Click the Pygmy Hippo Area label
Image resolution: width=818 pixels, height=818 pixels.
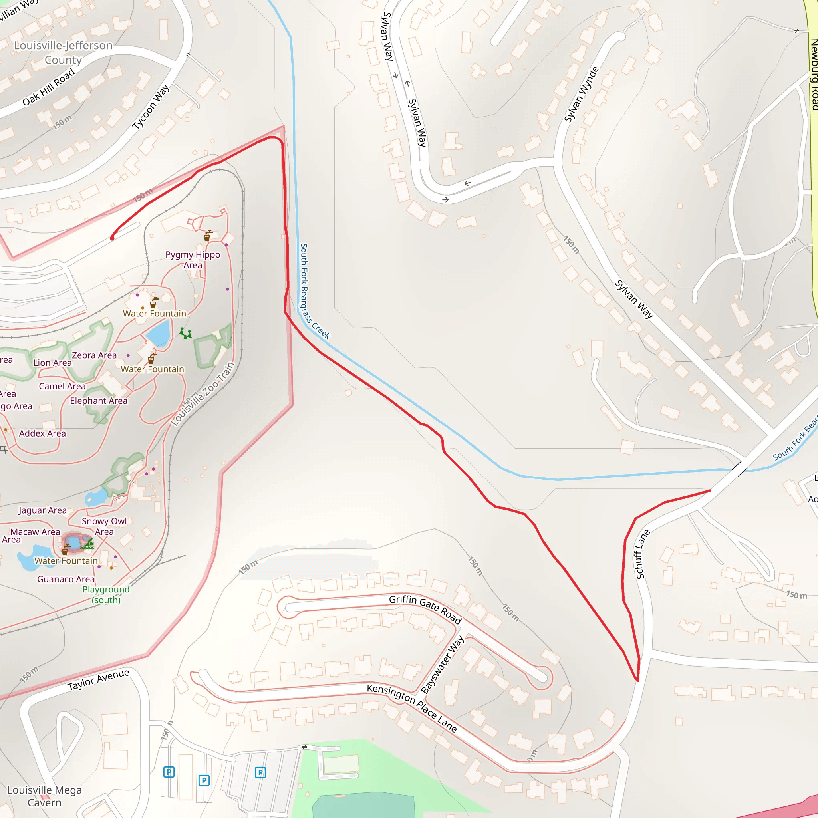pos(193,260)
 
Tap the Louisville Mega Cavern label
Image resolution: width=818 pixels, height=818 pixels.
pos(44,796)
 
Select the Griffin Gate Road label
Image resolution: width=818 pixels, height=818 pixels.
pos(425,609)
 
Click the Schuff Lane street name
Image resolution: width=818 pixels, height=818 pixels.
pos(642,554)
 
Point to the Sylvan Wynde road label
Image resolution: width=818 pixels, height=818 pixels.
pos(581,94)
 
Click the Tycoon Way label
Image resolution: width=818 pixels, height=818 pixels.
pos(151,107)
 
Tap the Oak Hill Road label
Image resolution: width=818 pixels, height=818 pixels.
pos(48,87)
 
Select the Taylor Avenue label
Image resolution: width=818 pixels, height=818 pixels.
pos(98,679)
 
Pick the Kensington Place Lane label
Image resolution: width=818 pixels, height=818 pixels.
pos(411,707)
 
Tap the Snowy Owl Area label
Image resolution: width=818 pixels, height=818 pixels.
pos(104,526)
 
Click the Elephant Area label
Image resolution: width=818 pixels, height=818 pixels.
pos(99,401)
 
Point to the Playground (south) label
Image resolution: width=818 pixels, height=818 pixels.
pos(106,594)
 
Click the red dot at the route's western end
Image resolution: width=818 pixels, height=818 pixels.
pos(112,238)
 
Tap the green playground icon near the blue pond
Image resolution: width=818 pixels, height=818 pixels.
pos(185,334)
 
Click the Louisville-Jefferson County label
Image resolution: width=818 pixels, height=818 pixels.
pos(63,52)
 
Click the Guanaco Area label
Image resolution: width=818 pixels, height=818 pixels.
pos(66,579)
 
